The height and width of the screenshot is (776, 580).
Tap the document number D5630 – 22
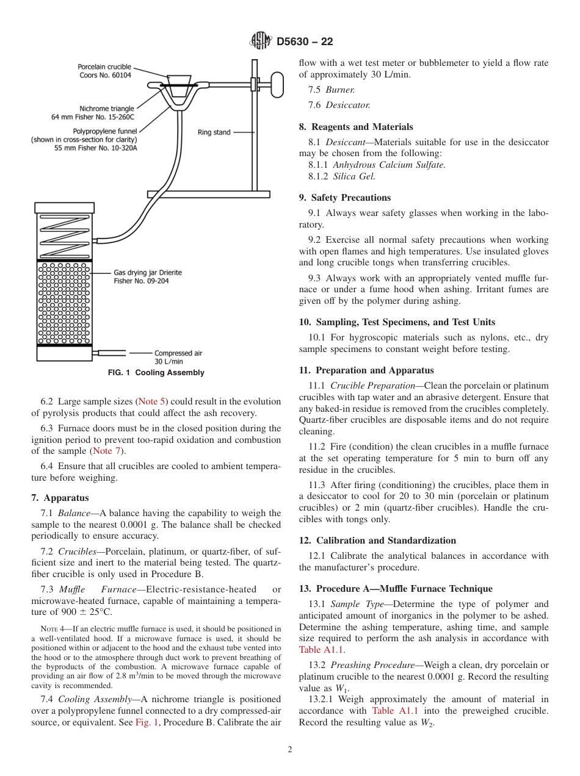[305, 42]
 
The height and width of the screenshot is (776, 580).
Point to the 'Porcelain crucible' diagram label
[104, 71]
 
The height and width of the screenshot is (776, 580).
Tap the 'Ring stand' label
[214, 132]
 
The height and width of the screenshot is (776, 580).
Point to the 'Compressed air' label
[178, 357]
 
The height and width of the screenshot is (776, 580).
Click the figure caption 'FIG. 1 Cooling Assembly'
[156, 373]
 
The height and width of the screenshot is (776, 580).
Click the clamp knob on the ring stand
[278, 84]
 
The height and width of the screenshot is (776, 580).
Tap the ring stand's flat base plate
[208, 194]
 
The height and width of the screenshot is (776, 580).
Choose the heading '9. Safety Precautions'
[344, 198]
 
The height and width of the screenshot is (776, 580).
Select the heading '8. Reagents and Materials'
[356, 127]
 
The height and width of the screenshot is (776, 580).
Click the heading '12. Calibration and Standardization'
[377, 541]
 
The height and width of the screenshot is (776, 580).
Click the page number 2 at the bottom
[290, 750]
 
